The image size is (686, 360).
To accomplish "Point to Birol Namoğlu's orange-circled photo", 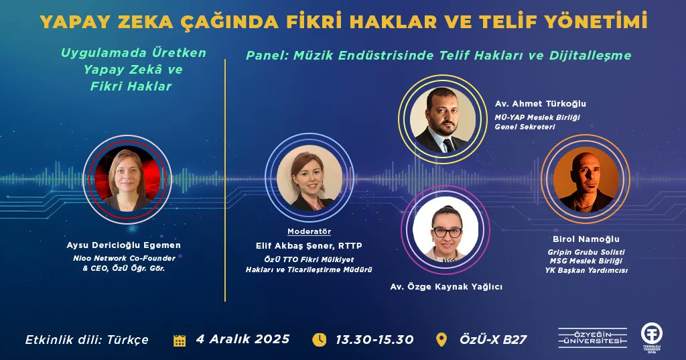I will tap(585, 179).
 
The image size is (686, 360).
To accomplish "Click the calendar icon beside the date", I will tap(180, 340).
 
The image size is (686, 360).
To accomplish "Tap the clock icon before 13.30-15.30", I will tap(319, 339).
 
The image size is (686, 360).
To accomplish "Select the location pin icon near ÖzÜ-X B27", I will tap(441, 339).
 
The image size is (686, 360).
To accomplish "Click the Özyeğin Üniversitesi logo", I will tap(593, 337).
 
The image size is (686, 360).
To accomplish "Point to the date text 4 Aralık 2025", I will tap(243, 339).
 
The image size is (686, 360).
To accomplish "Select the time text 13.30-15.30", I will tap(374, 339).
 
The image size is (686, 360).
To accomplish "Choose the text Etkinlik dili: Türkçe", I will tap(86, 339).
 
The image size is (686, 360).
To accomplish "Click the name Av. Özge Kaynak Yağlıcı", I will tap(446, 286).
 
